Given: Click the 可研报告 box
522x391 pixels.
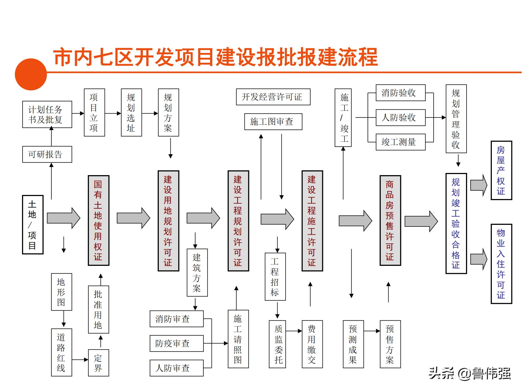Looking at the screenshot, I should point(47,154).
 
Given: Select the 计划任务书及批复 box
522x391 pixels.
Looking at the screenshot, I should point(47,114).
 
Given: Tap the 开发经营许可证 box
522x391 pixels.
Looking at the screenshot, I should point(273,97).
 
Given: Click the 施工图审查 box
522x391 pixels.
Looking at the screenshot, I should point(273,122).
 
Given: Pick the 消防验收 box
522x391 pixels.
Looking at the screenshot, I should point(400,93).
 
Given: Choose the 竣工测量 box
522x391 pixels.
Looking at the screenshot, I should point(400,142).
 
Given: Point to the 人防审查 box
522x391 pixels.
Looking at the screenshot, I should point(176,368).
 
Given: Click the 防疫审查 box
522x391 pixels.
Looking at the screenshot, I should point(176,343).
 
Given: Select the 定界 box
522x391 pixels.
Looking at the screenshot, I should point(98,363).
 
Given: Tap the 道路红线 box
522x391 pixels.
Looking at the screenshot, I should point(61,352).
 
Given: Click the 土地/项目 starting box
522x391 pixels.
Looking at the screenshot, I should point(33,225).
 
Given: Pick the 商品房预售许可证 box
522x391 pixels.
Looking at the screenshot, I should point(390,220).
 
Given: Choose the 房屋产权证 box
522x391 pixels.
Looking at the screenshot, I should point(501,171).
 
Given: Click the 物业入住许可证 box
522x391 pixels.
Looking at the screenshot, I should point(501,264).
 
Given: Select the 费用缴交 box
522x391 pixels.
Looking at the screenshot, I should point(312,344).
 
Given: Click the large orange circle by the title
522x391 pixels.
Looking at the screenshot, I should point(31,74).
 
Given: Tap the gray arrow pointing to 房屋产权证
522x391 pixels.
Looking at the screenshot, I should point(478,185).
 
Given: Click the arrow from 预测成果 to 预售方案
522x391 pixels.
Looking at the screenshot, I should point(372,331).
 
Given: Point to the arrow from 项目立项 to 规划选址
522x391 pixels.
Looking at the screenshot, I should point(113,113).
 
